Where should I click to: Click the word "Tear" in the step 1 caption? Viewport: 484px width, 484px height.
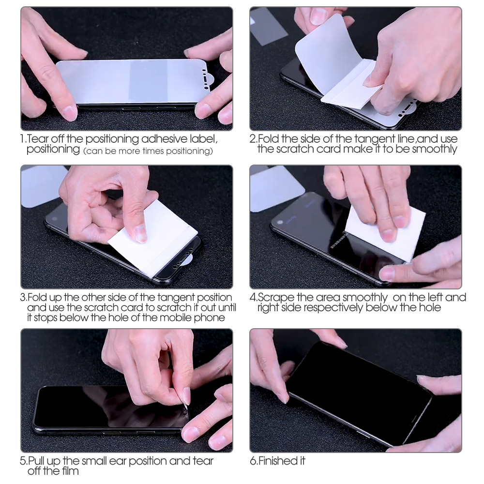[x=37, y=139]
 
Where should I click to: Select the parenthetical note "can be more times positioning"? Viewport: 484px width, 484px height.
[x=148, y=151]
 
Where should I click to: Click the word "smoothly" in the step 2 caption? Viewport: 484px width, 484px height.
[x=434, y=149]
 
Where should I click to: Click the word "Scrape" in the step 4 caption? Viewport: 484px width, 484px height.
[x=274, y=297]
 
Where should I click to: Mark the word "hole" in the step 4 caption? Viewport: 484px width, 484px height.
[x=429, y=307]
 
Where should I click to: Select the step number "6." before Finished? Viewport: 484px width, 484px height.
[x=254, y=461]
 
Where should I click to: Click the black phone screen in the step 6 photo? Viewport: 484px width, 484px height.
[x=358, y=387]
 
